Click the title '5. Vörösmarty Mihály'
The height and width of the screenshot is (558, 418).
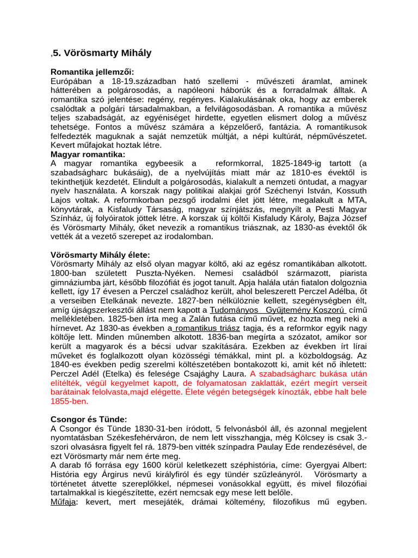tap(102, 53)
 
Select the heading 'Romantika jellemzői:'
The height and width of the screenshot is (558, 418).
tap(92, 72)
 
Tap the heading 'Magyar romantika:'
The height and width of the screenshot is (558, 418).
tap(88, 154)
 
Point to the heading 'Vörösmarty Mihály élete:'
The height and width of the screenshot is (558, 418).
tap(100, 255)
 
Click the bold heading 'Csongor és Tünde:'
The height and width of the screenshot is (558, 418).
tap(89, 420)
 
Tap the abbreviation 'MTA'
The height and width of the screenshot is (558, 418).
tap(358, 200)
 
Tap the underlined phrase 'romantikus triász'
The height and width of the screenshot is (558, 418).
tap(206, 328)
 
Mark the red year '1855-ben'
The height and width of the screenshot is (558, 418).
tap(69, 401)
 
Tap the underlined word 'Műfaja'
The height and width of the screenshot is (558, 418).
tap(63, 502)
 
